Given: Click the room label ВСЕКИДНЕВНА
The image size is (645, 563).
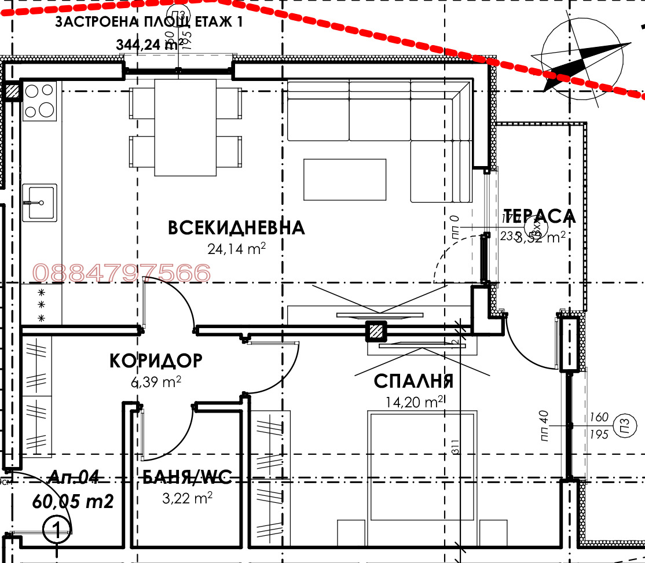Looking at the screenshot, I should point(236,227).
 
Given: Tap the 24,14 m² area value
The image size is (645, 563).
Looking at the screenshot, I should point(236,249).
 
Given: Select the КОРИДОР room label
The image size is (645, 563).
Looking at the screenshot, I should point(156,360).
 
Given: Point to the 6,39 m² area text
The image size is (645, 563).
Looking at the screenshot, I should point(156,381).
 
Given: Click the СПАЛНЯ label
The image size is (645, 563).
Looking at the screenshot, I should point(413,381).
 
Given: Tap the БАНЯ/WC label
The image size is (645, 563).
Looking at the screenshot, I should point(187,477).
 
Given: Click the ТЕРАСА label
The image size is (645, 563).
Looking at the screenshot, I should point(540,216).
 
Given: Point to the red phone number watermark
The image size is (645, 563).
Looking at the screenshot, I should point(122,273).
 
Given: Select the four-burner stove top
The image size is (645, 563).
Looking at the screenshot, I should point(39,101).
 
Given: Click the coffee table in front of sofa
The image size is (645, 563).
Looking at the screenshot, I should point(345,179).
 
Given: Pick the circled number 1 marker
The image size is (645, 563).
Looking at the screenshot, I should point(57,529).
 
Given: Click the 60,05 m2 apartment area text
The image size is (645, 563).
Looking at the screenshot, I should point(73,501).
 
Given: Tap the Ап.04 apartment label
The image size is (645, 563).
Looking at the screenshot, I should point(73,477).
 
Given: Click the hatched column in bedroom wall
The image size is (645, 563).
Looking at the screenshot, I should point(376,331).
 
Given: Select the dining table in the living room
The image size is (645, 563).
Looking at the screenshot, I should point(185,127).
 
